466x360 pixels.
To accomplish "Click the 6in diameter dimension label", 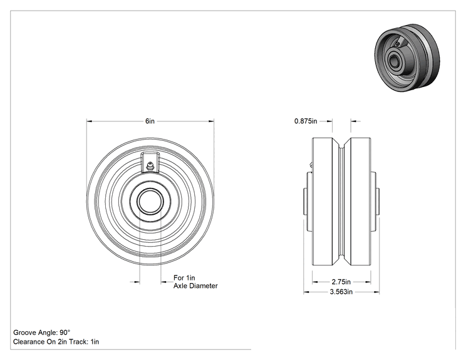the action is [150, 121].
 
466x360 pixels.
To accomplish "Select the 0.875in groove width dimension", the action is [306, 121].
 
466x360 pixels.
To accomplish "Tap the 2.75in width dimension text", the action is [341, 282].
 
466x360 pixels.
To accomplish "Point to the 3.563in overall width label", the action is [341, 292].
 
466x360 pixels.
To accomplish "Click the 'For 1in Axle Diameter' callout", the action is [195, 282].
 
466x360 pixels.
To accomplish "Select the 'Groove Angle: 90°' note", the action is [41, 332].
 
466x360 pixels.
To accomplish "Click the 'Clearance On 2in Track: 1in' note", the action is [56, 342].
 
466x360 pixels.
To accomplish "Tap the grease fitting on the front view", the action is [150, 166].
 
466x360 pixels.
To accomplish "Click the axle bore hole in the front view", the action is [150, 202].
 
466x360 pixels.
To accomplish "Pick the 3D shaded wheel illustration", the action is [407, 58].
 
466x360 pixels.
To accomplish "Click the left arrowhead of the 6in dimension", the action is [89, 121].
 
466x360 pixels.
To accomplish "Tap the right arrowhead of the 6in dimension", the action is [211, 121].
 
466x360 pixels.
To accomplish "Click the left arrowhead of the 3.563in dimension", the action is [306, 292].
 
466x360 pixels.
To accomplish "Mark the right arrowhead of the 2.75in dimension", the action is [368, 282].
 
